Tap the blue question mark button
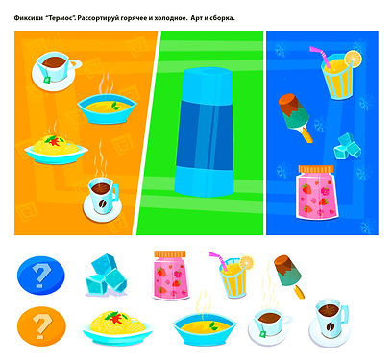(41, 276)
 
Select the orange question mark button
(41, 326)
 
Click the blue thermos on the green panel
(204, 132)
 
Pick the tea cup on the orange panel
(56, 72)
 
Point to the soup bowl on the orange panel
(107, 108)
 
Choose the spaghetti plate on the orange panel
(56, 150)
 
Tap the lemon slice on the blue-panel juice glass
(354, 59)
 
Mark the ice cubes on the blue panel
(348, 146)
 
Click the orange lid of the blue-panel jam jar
(316, 169)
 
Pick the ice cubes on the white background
(106, 275)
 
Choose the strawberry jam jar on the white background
(170, 275)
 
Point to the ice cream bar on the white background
(288, 276)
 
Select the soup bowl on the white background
(205, 329)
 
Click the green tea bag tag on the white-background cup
(263, 334)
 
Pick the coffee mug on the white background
(330, 324)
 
